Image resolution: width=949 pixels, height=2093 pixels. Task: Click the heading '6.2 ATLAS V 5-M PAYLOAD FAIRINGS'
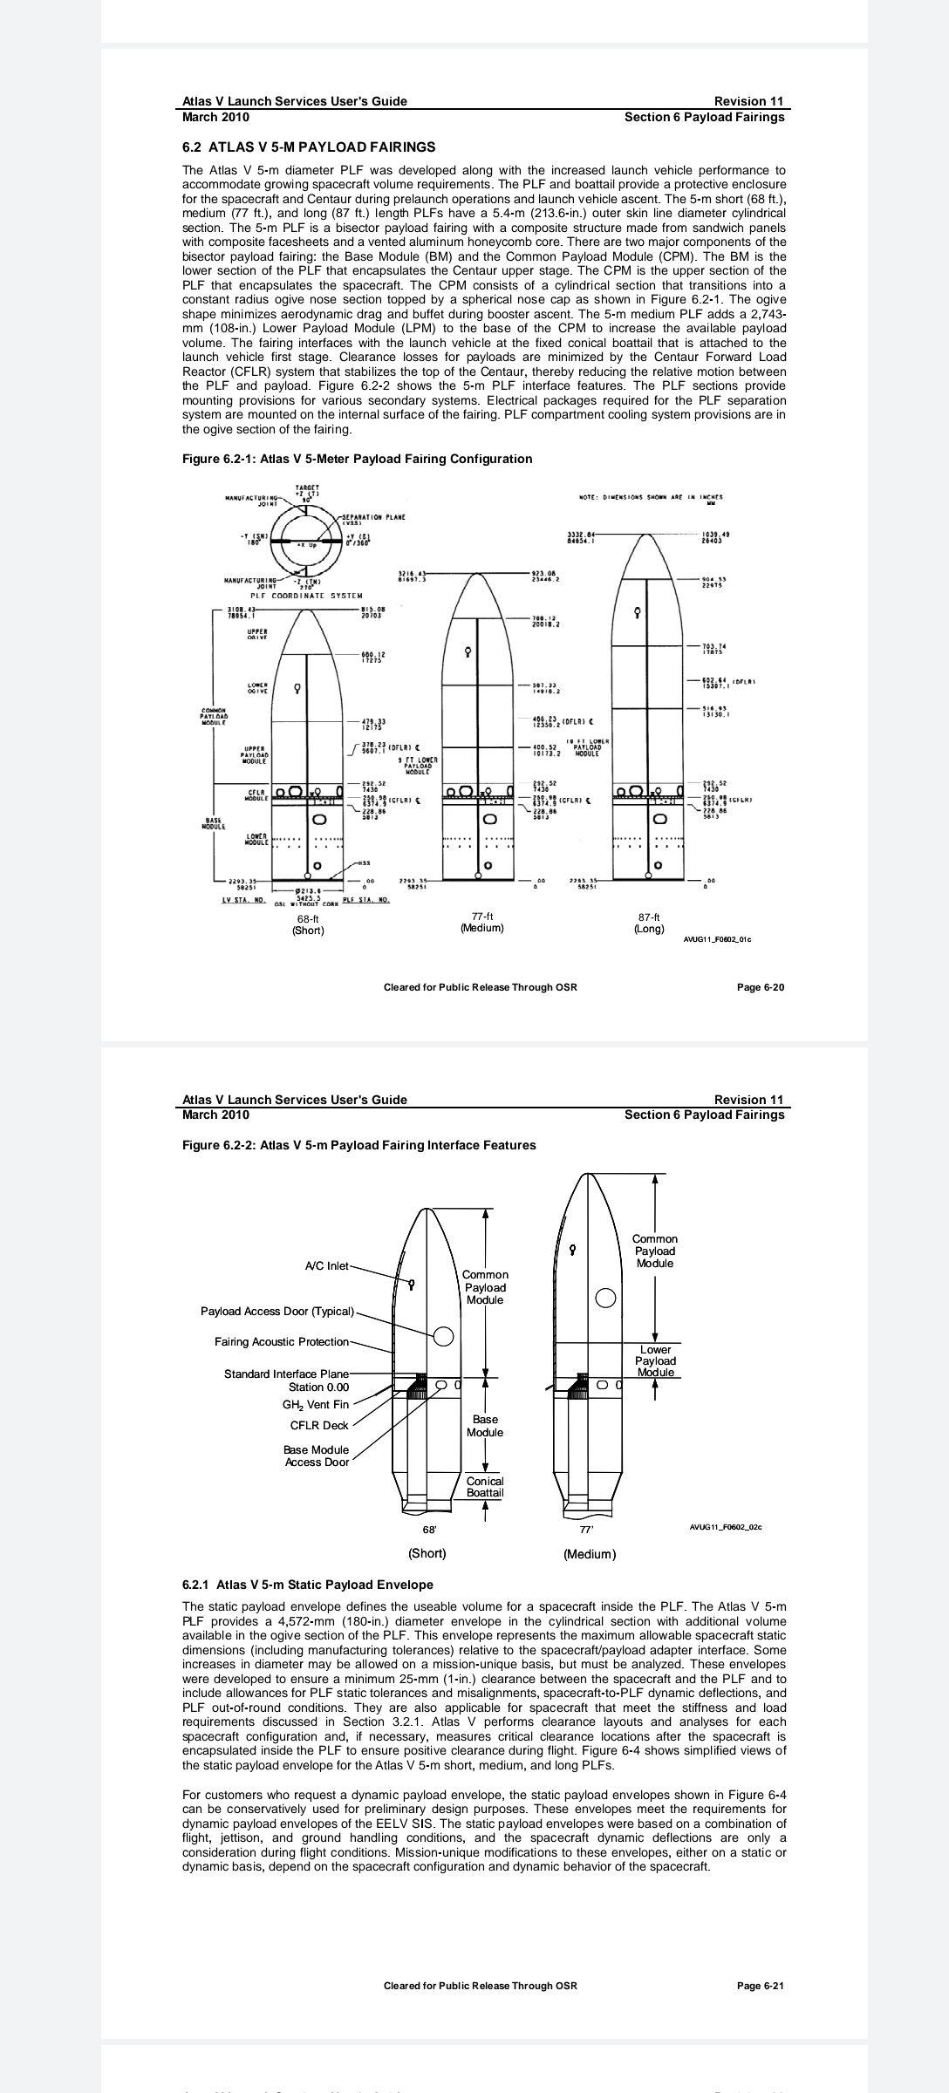[x=309, y=147]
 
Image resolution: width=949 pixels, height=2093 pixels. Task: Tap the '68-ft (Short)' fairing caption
[x=308, y=924]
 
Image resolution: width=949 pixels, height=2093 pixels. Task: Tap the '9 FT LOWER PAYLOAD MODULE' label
[x=416, y=765]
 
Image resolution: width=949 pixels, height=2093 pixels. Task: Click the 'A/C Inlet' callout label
[x=326, y=1265]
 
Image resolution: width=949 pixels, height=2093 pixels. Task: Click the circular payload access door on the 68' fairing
[x=443, y=1336]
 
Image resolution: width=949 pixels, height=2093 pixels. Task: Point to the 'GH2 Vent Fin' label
[x=315, y=1404]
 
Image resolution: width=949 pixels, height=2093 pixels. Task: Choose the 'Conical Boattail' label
[x=485, y=1486]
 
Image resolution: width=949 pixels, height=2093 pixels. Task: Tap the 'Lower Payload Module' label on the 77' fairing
[x=655, y=1360]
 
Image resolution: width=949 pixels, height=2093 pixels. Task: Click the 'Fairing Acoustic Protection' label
[x=281, y=1341]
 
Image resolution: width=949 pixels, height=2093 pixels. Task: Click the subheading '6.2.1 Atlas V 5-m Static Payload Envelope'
[x=308, y=1585]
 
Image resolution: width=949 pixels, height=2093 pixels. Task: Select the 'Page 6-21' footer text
[x=760, y=1986]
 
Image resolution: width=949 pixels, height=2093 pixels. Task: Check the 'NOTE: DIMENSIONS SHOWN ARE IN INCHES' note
[x=651, y=497]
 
